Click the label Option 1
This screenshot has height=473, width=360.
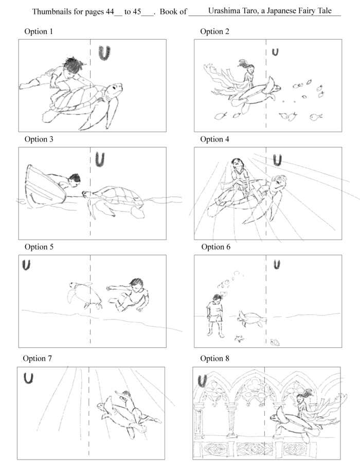point(39,32)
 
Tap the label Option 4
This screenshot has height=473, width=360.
point(214,139)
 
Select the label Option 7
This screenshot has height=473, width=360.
point(38,358)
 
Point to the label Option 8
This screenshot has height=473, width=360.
point(214,358)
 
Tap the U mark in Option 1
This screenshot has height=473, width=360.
point(105,52)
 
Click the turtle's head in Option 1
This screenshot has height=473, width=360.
point(114,92)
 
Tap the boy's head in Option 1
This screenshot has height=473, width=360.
point(76,64)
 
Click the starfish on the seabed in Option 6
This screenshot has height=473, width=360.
point(239,338)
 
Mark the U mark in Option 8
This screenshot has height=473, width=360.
point(203,380)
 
